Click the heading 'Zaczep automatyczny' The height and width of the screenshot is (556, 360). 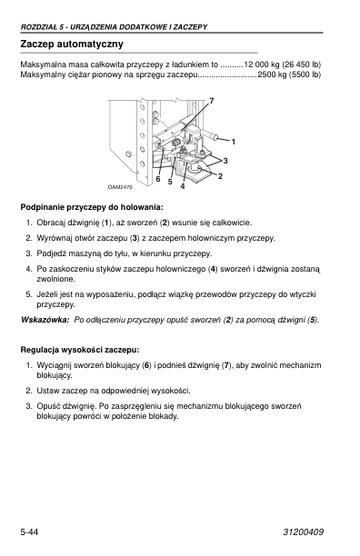(x=72, y=45)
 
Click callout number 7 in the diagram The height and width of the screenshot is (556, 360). (x=212, y=101)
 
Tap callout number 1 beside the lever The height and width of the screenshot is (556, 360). (x=234, y=142)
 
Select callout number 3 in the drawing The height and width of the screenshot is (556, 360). (x=225, y=161)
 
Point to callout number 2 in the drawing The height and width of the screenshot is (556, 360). (x=220, y=176)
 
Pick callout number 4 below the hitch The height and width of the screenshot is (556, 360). (x=183, y=186)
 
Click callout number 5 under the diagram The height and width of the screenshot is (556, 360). (x=170, y=182)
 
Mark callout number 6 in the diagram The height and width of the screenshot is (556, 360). (x=158, y=179)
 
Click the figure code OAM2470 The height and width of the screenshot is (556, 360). (x=120, y=187)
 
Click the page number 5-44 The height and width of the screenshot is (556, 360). (x=29, y=532)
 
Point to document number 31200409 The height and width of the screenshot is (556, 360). (x=304, y=532)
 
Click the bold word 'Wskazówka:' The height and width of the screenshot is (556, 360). (x=45, y=320)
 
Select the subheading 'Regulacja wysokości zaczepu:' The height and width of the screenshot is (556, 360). (x=80, y=350)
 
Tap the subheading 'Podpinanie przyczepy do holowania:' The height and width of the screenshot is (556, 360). (x=92, y=207)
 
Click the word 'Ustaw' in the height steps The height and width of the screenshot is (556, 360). (x=48, y=391)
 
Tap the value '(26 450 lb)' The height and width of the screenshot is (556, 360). (x=302, y=65)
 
